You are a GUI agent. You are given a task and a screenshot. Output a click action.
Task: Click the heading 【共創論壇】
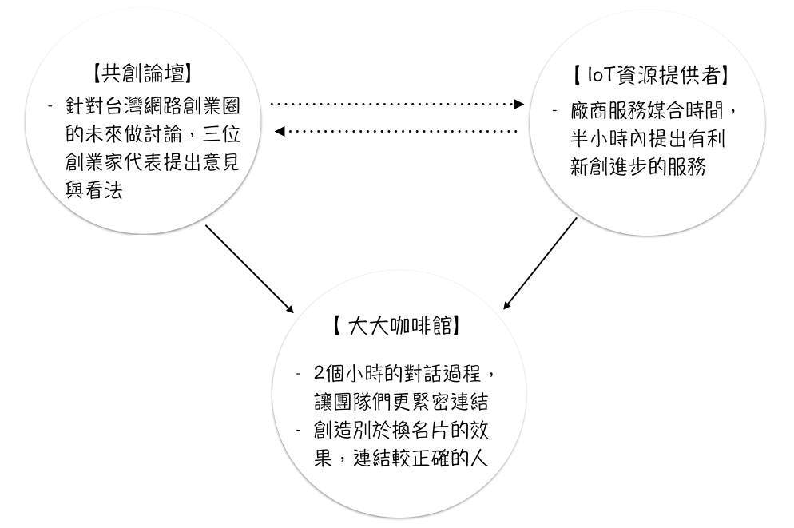coord(142,74)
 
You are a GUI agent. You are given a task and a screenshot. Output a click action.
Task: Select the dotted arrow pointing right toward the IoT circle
coord(397,104)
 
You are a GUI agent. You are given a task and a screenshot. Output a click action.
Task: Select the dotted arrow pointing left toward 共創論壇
coord(397,131)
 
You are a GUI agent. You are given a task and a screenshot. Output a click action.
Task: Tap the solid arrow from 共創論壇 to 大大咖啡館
coord(249,268)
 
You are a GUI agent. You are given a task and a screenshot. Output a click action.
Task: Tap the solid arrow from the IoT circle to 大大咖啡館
coord(540,263)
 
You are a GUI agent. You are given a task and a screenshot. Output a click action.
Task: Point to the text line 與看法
coord(94,192)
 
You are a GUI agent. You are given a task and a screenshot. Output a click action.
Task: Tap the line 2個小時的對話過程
coord(408,373)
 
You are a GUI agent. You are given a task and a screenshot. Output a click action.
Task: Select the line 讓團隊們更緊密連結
coord(401,402)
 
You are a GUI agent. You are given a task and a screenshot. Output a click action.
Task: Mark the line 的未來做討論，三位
coord(152,135)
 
